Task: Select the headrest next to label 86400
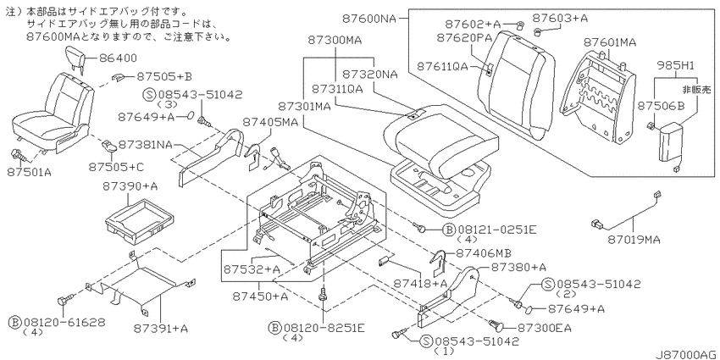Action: (x=75, y=57)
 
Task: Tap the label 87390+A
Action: (x=130, y=186)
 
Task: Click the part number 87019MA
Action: (x=634, y=240)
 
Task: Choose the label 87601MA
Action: (x=610, y=42)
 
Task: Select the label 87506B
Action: (x=661, y=107)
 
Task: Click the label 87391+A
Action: (x=161, y=329)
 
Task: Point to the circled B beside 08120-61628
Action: (x=14, y=321)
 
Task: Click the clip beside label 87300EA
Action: (x=496, y=325)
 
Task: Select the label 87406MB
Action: (x=484, y=252)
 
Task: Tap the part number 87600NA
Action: (x=369, y=19)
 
